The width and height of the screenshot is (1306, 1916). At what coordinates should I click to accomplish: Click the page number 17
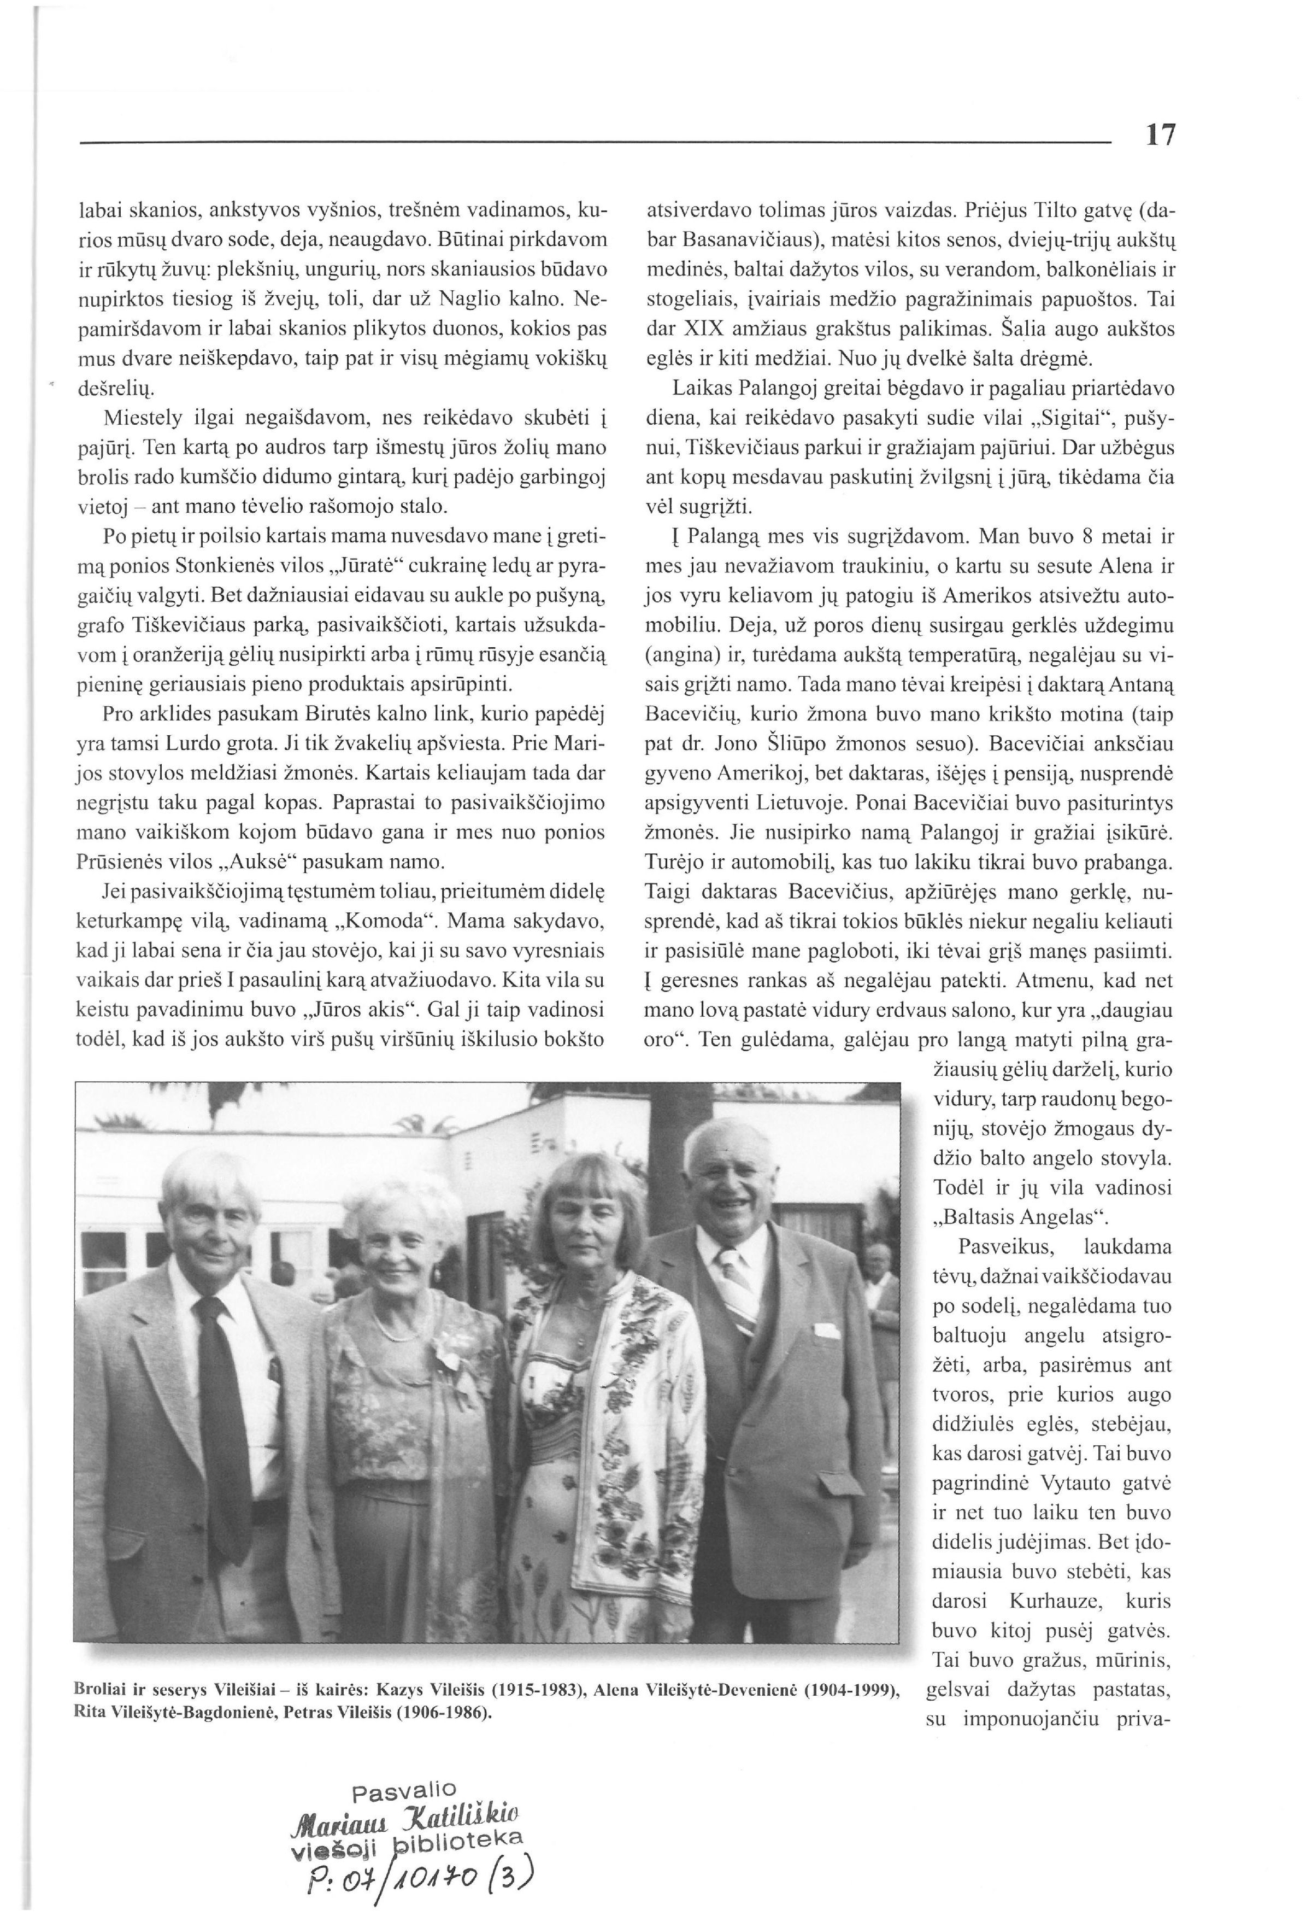click(x=1160, y=134)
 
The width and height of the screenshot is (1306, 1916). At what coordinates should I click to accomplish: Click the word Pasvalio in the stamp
click(x=404, y=1791)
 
